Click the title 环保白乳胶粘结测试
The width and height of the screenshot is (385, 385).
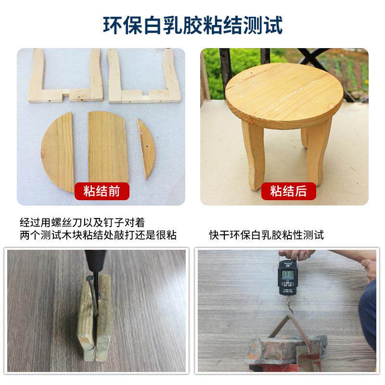click(192, 25)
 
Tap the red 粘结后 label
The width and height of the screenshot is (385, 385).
click(288, 192)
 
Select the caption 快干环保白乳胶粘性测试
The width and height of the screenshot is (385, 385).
click(266, 235)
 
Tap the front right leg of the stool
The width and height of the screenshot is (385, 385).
click(318, 152)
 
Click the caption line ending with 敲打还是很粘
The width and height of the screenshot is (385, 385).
click(98, 235)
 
